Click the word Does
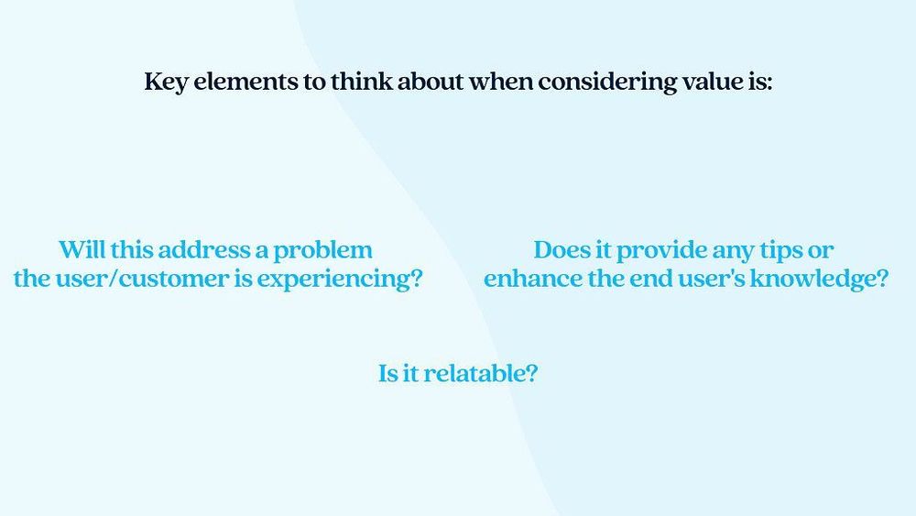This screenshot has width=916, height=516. click(561, 249)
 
